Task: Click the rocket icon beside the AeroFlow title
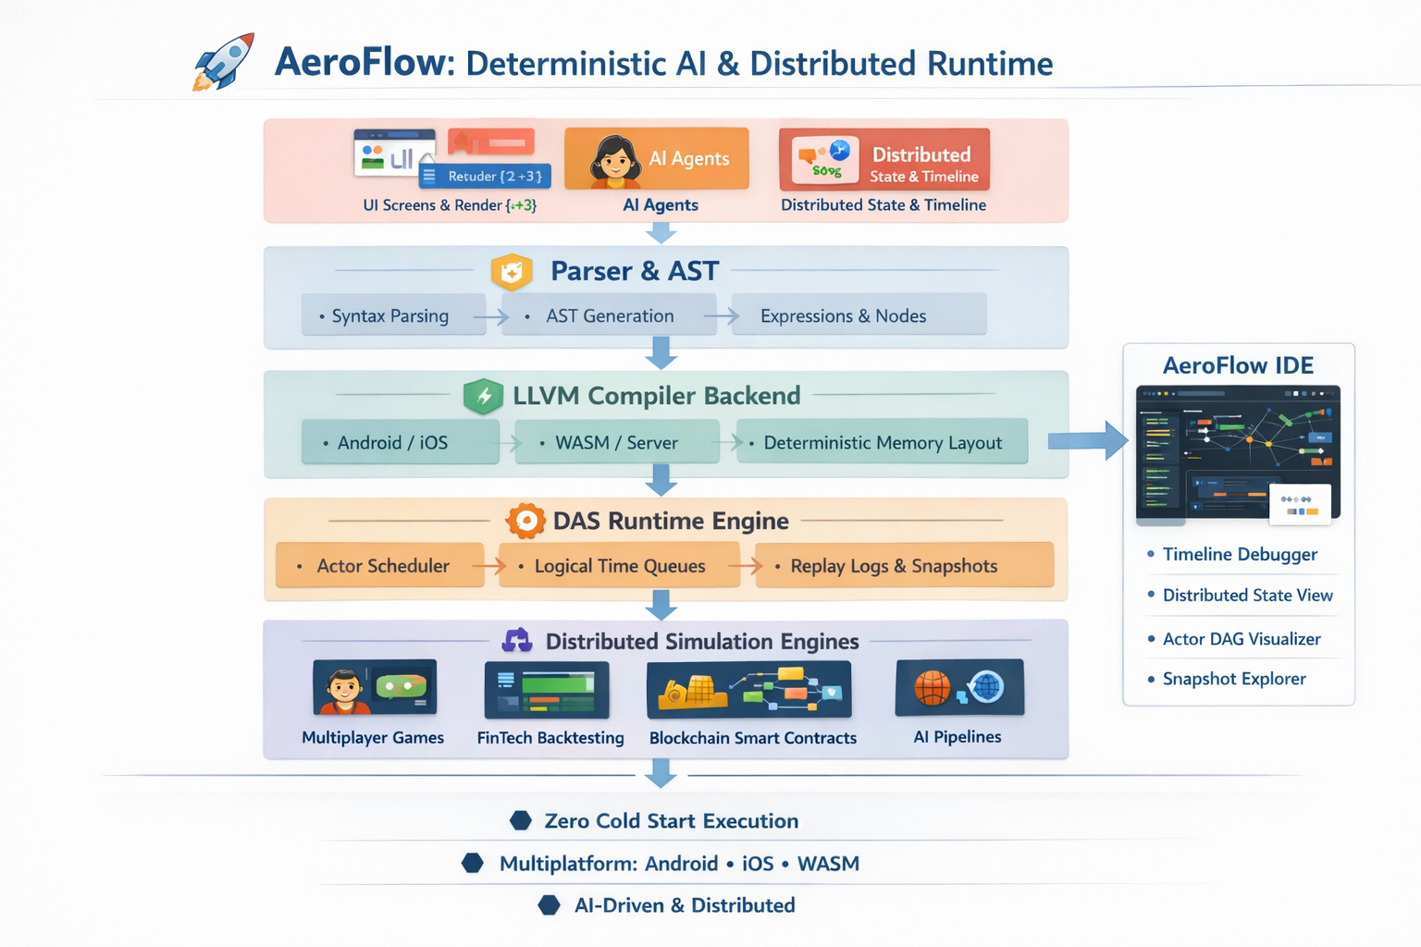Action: [x=224, y=62]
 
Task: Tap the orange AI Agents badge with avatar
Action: [x=656, y=158]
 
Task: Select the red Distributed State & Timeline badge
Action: [x=884, y=159]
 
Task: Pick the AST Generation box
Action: [x=609, y=315]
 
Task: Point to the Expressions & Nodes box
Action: [x=858, y=315]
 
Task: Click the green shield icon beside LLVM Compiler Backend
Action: [x=483, y=396]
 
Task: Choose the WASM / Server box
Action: [x=617, y=442]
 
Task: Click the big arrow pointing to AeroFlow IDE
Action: [x=1088, y=440]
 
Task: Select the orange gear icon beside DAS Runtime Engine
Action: [x=525, y=521]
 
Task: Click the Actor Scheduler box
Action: [x=380, y=565]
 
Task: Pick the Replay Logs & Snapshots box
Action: [x=904, y=565]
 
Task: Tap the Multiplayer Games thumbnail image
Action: [x=375, y=688]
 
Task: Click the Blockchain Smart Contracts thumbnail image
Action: [x=748, y=690]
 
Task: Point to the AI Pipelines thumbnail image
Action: [x=959, y=687]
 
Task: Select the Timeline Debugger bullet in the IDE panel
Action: [x=1238, y=554]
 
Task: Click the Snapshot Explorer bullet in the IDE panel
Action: [x=1233, y=679]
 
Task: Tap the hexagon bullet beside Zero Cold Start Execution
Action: [x=521, y=820]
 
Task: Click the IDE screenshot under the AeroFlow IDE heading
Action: [x=1238, y=452]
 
